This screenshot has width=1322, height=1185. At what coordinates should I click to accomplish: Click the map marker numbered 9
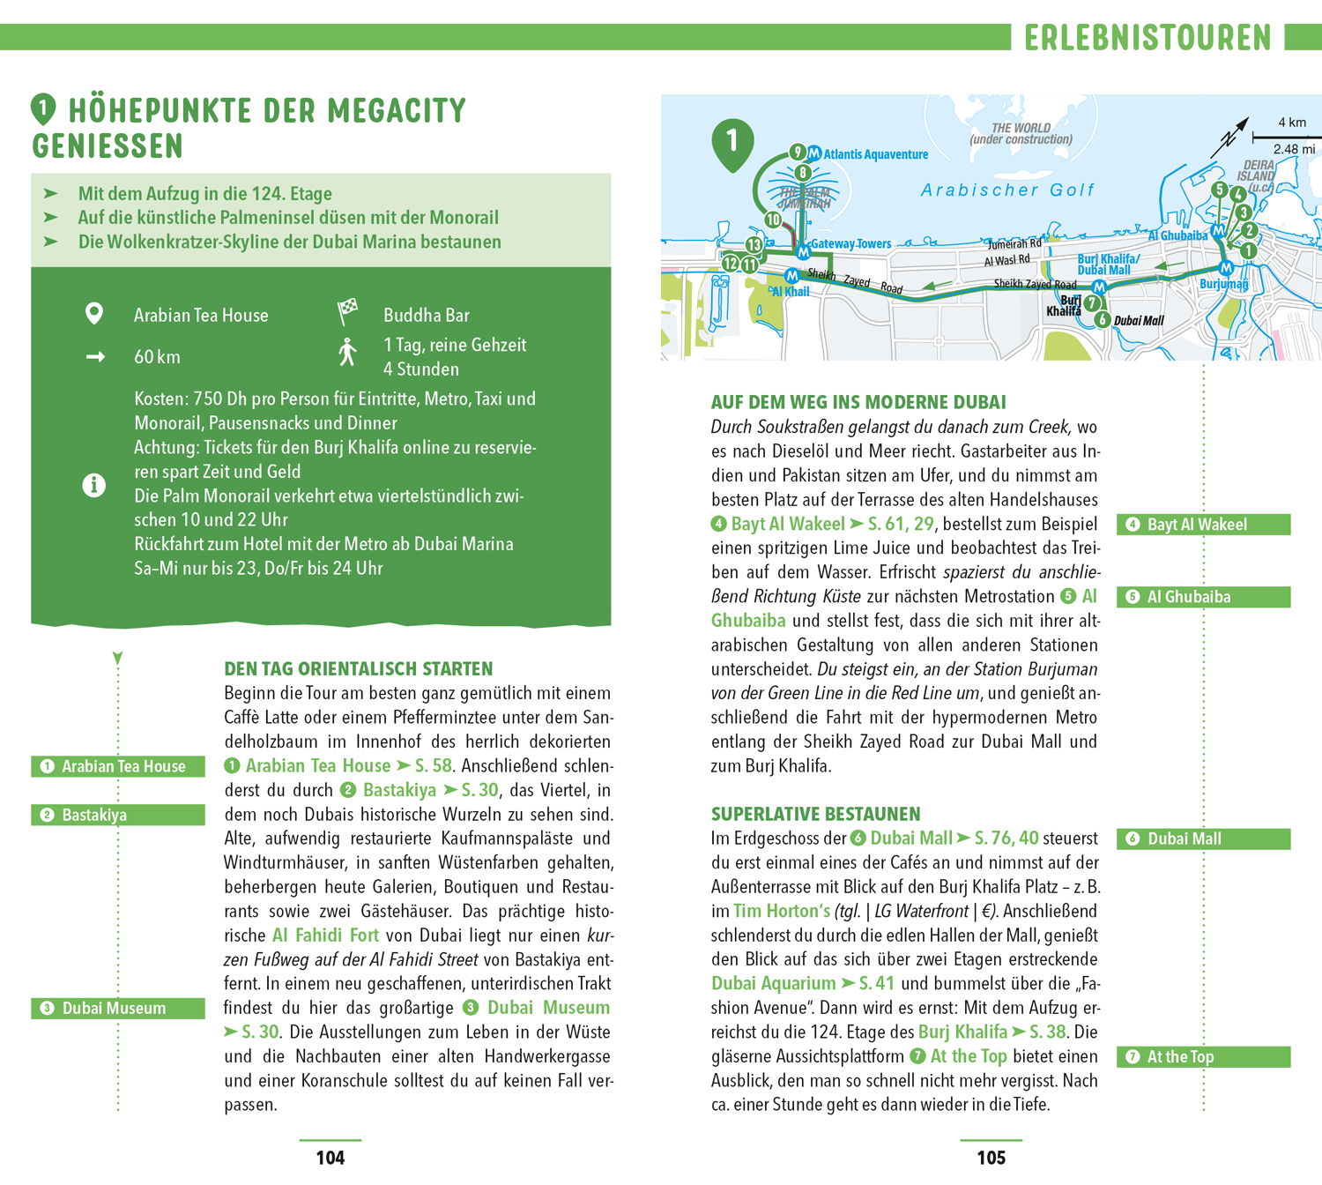coord(797,152)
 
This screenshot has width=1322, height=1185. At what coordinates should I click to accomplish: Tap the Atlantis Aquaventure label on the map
coord(875,154)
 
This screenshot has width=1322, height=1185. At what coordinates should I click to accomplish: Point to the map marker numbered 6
coord(1102,319)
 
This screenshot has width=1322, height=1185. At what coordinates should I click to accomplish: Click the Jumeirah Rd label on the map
coord(1014,243)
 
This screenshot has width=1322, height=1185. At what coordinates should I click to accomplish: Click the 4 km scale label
coord(1292,123)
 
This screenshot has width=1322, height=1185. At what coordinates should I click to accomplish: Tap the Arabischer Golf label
coord(1007,190)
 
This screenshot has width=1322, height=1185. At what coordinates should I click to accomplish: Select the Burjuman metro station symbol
coord(1225,267)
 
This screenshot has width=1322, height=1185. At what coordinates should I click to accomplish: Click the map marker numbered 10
coord(773,220)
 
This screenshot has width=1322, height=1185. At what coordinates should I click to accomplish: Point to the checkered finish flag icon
coord(348,310)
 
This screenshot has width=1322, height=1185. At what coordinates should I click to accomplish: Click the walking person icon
coord(348,352)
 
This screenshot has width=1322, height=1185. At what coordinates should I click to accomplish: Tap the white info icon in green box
coord(94,485)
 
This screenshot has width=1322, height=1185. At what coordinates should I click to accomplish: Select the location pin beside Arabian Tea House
coord(94,314)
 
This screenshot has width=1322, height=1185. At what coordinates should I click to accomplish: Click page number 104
coord(330,1158)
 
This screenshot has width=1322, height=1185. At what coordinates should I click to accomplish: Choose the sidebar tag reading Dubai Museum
coord(118,1008)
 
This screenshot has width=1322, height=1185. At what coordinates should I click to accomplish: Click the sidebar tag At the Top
coord(1203,1056)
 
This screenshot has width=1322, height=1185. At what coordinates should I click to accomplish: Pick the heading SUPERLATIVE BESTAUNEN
coord(815,814)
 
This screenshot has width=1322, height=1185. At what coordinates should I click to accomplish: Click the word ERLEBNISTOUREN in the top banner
coord(1147,38)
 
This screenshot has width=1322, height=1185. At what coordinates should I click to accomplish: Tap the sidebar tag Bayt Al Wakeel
coord(1203,525)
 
